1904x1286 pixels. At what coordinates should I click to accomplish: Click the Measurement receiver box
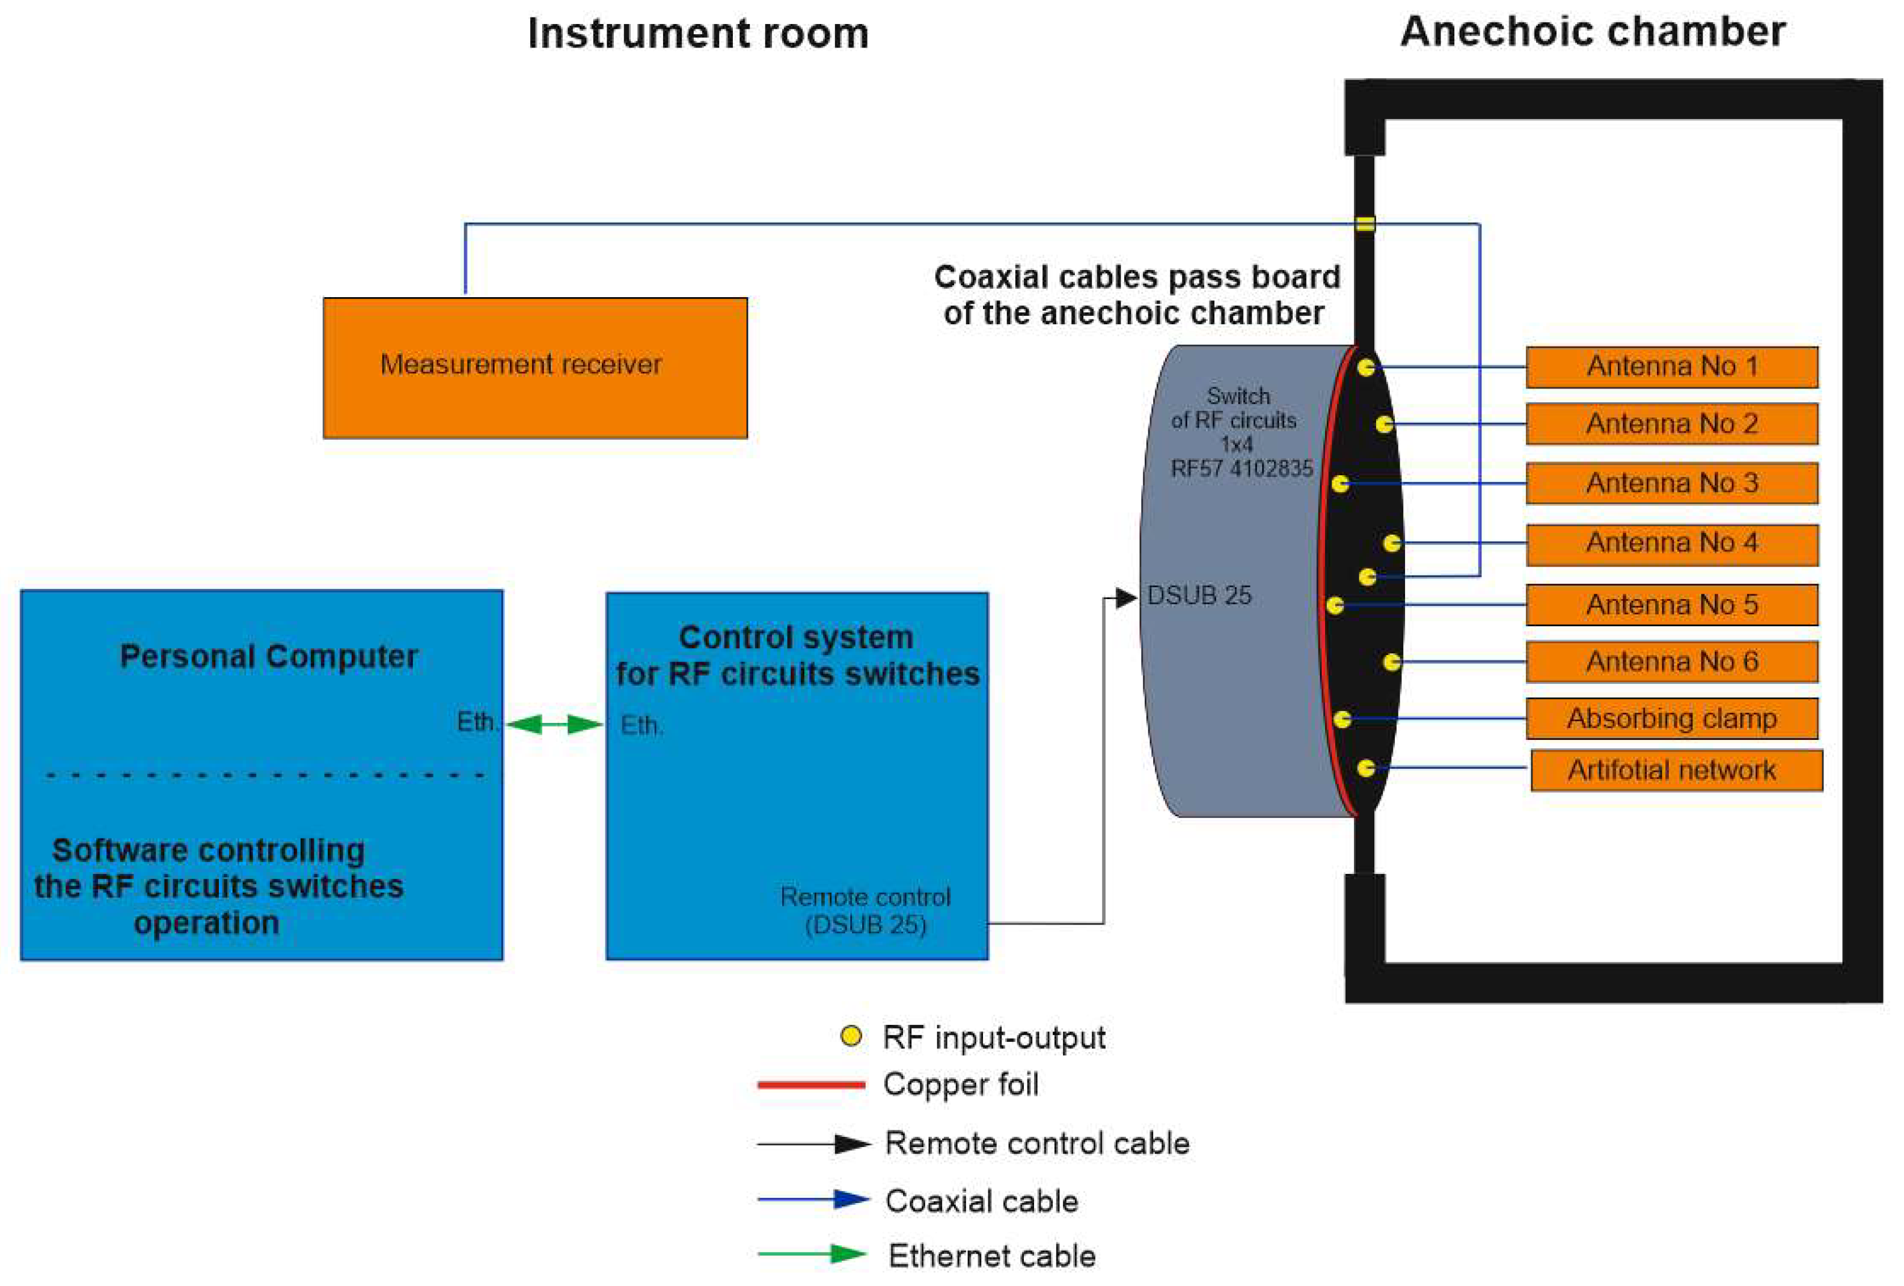click(x=534, y=367)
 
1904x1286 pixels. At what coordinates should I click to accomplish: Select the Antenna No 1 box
click(x=1671, y=366)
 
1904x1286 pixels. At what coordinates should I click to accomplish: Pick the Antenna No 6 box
click(x=1671, y=662)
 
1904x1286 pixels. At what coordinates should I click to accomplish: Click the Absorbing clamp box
click(x=1671, y=719)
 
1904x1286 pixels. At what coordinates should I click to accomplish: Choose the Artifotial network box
click(x=1676, y=770)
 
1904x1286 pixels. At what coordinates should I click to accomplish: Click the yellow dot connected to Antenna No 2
click(x=1384, y=423)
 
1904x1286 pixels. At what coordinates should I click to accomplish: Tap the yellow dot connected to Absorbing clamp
click(x=1342, y=719)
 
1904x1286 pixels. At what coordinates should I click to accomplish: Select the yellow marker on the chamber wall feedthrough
click(x=1364, y=224)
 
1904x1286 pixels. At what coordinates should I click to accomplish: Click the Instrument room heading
click(x=698, y=34)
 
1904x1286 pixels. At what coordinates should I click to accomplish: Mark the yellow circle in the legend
click(x=851, y=1036)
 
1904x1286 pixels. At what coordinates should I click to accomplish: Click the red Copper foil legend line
click(x=811, y=1084)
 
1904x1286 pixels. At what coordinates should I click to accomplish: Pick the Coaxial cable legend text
click(x=982, y=1201)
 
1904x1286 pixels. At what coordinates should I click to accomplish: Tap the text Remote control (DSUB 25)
click(x=865, y=910)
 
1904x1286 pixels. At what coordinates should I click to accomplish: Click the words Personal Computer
click(x=269, y=656)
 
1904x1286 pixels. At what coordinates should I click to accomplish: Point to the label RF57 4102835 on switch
click(x=1241, y=468)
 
